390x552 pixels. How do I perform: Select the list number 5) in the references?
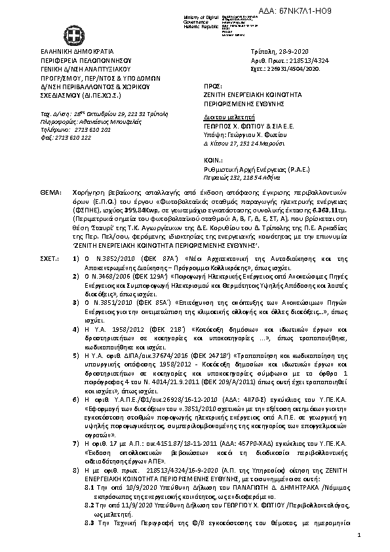77,354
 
